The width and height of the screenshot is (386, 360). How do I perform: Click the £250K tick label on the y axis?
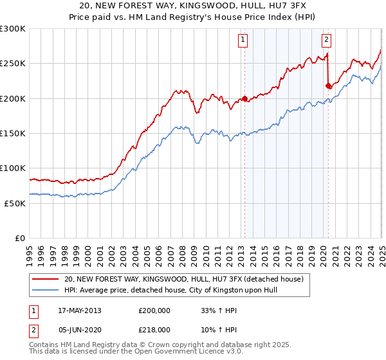tap(13, 64)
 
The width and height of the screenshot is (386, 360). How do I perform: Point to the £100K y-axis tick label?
tap(13, 168)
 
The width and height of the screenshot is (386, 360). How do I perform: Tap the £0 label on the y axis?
tap(19, 238)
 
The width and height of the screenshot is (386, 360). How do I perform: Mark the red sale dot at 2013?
tap(245, 98)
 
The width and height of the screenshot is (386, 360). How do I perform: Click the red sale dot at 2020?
tap(328, 85)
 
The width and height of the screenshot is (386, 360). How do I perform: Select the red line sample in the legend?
tap(45, 279)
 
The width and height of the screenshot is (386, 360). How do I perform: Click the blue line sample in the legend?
tap(45, 290)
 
